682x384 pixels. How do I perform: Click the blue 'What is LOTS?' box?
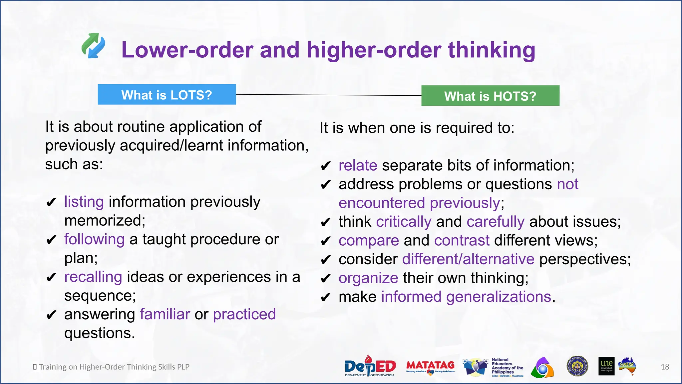point(167,95)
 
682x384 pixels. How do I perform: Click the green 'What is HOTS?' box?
point(490,96)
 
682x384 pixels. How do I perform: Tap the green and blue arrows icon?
point(94,46)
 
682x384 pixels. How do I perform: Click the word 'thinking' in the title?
point(492,50)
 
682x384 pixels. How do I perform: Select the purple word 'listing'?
point(84,202)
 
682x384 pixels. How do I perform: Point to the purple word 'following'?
point(94,239)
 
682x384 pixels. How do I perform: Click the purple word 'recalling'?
point(93,277)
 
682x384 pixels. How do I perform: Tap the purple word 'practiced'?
point(244,314)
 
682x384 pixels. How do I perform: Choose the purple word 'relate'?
point(358,166)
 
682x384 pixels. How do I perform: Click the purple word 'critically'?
point(404,222)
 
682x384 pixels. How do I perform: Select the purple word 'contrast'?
point(462,241)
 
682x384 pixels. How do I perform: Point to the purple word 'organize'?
point(368,278)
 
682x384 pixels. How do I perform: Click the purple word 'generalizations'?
point(499,297)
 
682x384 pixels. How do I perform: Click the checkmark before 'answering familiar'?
point(51,315)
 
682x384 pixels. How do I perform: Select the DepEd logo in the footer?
point(370,366)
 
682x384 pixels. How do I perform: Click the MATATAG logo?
point(430,367)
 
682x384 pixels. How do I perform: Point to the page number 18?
point(665,367)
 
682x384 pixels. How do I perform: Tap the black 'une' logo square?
point(606,366)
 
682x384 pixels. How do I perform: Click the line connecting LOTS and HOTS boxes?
point(328,95)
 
